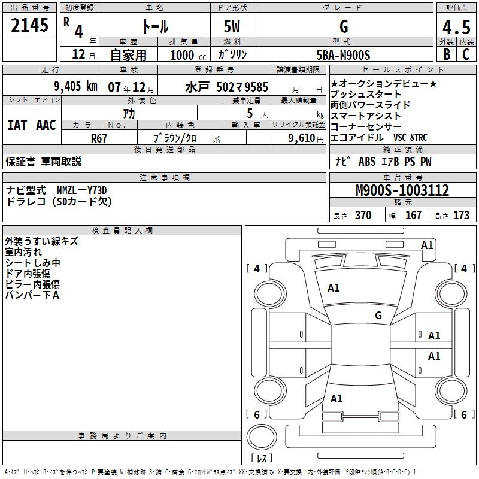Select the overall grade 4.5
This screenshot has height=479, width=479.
click(x=455, y=28)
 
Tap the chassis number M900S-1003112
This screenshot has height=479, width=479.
click(x=402, y=190)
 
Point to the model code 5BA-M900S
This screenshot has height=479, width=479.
click(x=344, y=54)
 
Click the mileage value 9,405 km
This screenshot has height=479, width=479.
click(x=75, y=86)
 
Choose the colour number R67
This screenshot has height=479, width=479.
click(x=99, y=138)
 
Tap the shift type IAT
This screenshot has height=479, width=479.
click(x=17, y=125)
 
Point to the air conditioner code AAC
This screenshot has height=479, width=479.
click(x=46, y=125)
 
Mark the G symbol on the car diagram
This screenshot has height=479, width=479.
click(x=378, y=316)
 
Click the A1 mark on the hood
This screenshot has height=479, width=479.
click(x=334, y=288)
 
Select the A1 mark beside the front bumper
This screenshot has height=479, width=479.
click(x=427, y=245)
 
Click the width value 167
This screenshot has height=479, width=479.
click(x=413, y=216)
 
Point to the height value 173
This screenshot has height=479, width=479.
click(x=461, y=216)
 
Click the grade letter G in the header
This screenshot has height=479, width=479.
click(x=343, y=27)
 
